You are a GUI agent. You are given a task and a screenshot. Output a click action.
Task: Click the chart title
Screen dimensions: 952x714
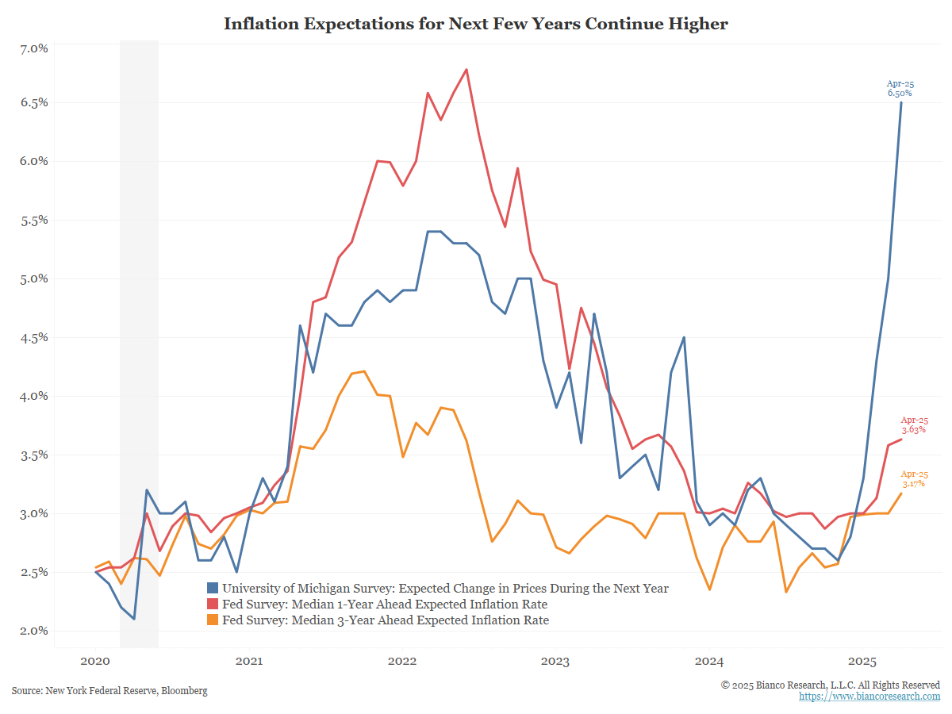475,24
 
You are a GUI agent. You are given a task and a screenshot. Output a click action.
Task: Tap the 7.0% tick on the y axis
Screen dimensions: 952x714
34,48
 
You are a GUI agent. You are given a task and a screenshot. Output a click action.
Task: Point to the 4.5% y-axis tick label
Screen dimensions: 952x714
34,337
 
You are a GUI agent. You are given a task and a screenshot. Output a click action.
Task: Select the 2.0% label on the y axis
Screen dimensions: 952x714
34,631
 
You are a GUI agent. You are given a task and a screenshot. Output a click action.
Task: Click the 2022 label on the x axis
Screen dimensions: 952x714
402,661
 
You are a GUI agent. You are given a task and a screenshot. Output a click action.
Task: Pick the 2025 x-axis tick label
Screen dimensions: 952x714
862,661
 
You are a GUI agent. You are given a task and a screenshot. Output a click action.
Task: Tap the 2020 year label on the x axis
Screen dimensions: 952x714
95,661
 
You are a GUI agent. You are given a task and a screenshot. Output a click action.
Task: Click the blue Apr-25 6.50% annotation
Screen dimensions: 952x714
900,88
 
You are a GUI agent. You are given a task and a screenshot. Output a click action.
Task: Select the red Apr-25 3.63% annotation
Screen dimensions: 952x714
914,425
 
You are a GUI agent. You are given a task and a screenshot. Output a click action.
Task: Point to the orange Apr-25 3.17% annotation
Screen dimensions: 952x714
914,479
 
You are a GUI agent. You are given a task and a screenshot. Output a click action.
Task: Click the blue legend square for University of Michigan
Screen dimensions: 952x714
213,588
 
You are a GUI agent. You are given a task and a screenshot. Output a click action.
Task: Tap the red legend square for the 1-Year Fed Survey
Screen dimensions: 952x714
213,604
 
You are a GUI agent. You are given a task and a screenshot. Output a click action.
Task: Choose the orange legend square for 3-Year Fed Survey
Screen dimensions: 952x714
213,620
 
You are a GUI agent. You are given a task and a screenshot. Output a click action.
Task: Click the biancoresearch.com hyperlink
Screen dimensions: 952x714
869,697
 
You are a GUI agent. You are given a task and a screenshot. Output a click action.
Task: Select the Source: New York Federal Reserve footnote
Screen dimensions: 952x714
109,690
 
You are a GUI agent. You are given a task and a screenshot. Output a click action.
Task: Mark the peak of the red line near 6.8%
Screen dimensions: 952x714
466,69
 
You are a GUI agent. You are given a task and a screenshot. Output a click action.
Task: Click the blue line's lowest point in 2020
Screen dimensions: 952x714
134,619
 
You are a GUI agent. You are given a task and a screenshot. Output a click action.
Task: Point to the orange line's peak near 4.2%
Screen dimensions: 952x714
364,371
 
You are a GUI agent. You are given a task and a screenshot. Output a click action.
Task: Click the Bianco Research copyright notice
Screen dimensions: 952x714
830,685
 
